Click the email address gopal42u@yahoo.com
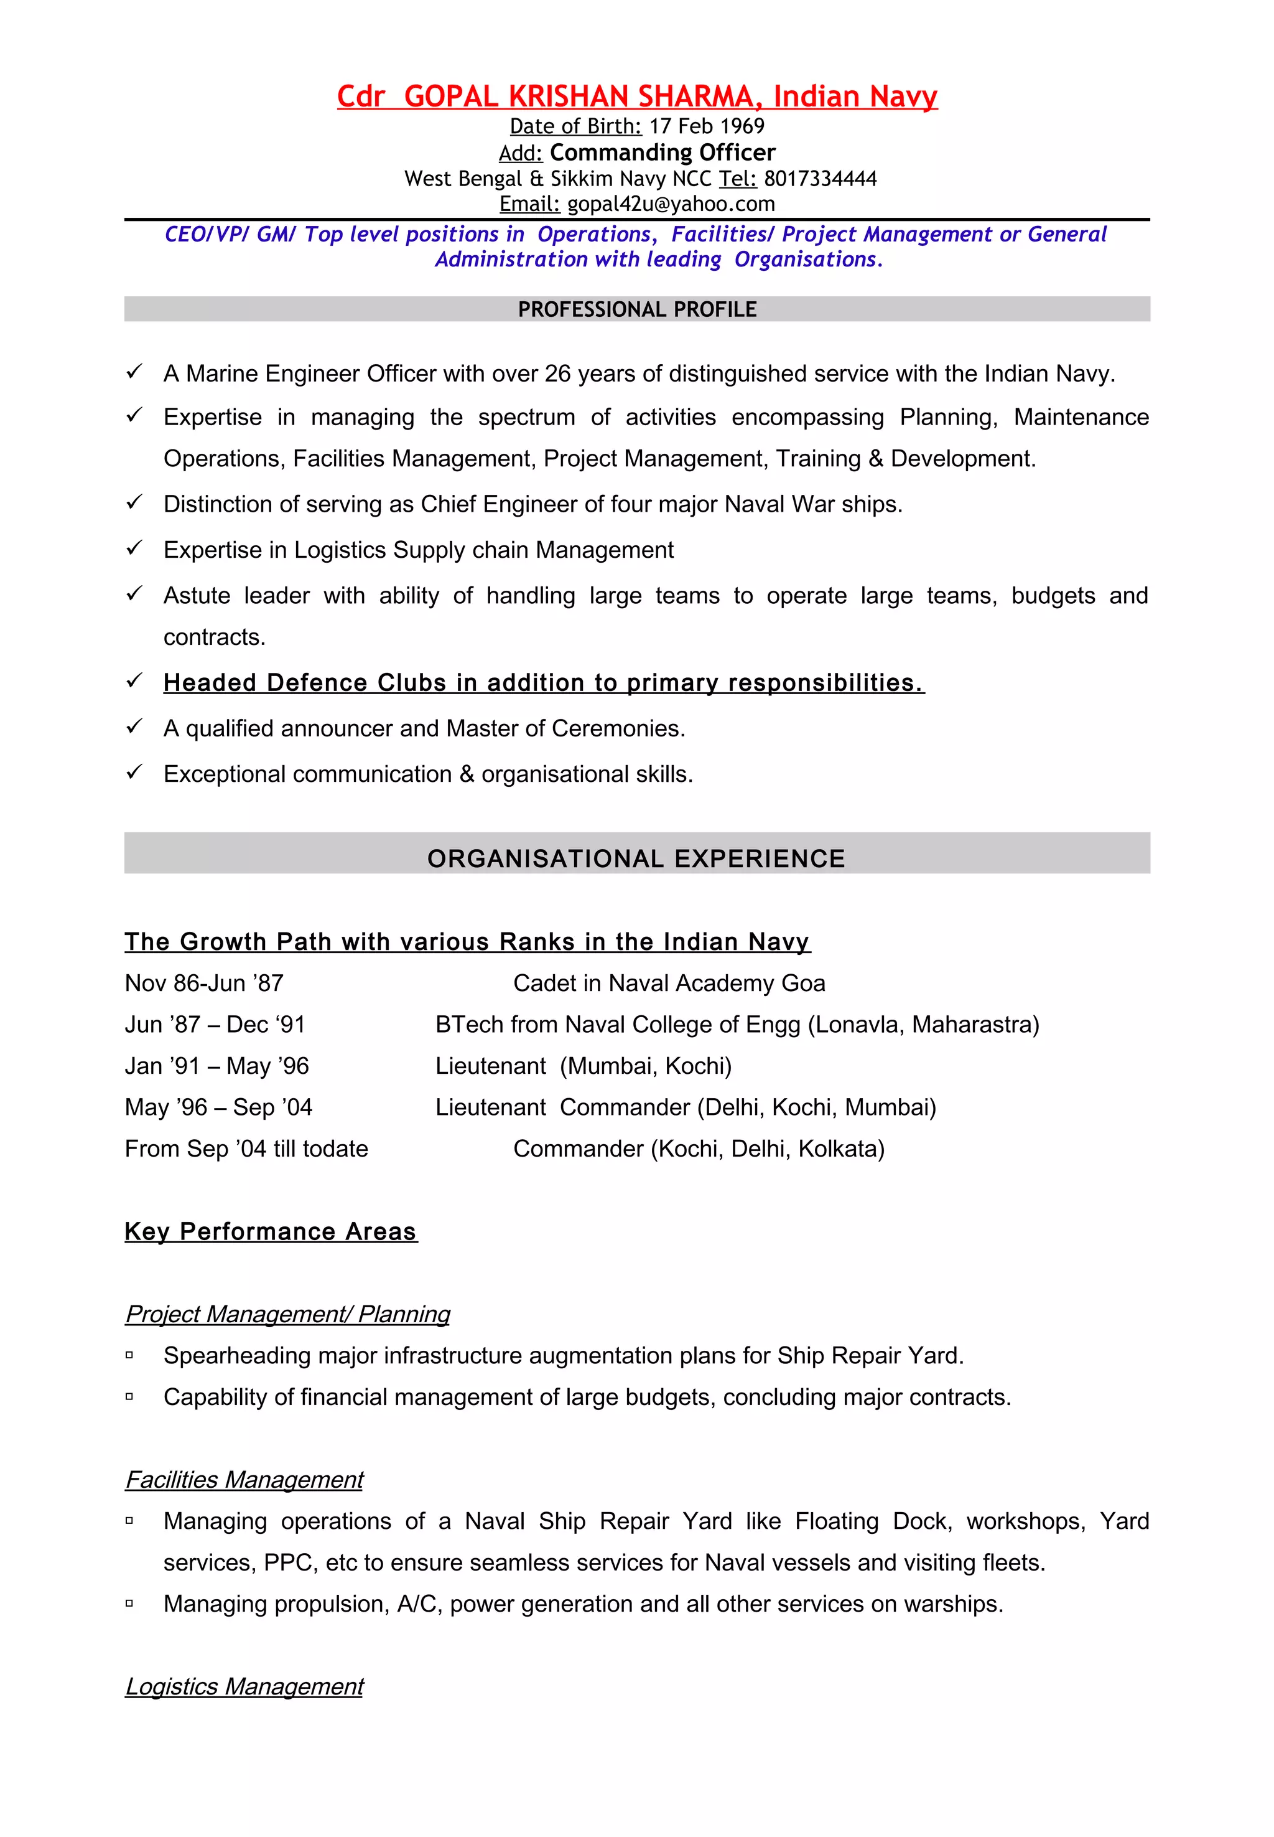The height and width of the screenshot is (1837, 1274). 671,204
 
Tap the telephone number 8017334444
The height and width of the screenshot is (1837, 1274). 820,179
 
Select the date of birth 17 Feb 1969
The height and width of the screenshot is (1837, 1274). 707,126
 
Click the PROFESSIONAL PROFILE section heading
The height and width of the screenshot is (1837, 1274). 637,309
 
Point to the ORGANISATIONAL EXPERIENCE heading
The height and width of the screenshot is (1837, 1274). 636,858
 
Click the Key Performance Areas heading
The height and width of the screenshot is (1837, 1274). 271,1231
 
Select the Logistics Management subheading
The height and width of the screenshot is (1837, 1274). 244,1686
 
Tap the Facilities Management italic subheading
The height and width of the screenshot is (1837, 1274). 244,1480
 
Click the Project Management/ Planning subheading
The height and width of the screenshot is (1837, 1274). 287,1314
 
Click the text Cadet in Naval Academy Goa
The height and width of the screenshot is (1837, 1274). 669,983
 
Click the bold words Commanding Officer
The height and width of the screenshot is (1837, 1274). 663,153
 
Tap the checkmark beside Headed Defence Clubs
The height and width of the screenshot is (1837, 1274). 134,681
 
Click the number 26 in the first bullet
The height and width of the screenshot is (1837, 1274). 557,374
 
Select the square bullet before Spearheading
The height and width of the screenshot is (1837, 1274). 129,1355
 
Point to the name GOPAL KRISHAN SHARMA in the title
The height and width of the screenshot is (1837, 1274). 578,96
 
